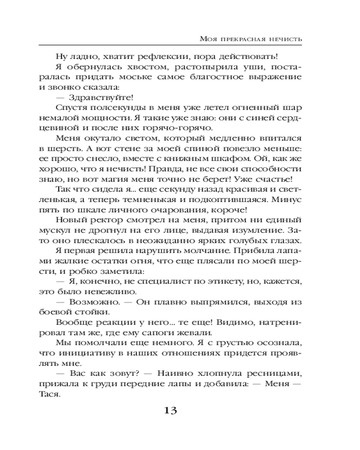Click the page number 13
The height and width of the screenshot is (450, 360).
[172, 410]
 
